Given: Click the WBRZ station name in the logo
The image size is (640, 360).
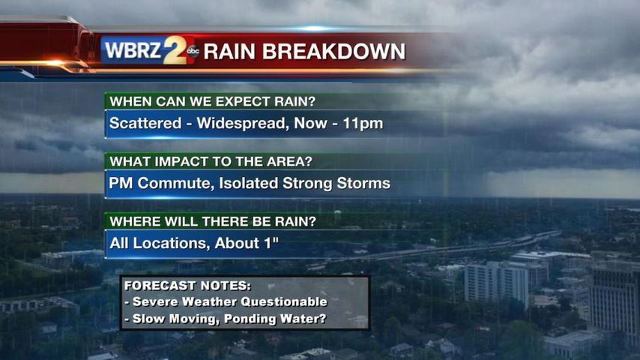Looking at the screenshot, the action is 133,50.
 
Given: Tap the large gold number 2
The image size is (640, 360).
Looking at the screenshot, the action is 175,49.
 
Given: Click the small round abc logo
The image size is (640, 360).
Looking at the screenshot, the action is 193,51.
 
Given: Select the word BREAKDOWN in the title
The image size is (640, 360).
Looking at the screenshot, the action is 333,52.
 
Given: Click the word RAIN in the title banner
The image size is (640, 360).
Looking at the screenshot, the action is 230,52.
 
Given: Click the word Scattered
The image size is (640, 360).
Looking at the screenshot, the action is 145,123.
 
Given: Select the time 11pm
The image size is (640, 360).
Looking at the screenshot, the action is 363,124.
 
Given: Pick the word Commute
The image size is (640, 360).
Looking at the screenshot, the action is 176,184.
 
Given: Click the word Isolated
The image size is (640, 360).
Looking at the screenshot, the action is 249,183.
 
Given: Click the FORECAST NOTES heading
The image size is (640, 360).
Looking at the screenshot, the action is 187,285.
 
